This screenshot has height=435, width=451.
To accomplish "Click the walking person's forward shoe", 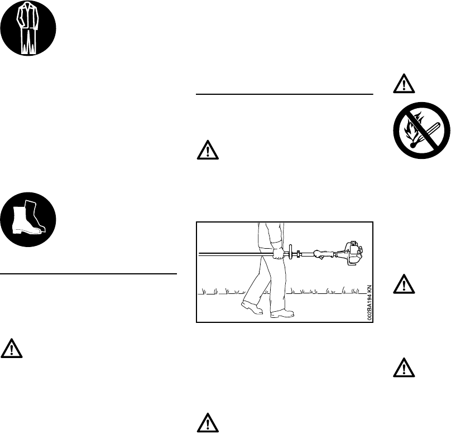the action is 282,314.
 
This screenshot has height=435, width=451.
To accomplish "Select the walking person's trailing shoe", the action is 252,307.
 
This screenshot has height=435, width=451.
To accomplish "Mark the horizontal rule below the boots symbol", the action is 89,274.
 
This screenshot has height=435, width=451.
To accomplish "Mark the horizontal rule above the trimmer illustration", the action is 285,94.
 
